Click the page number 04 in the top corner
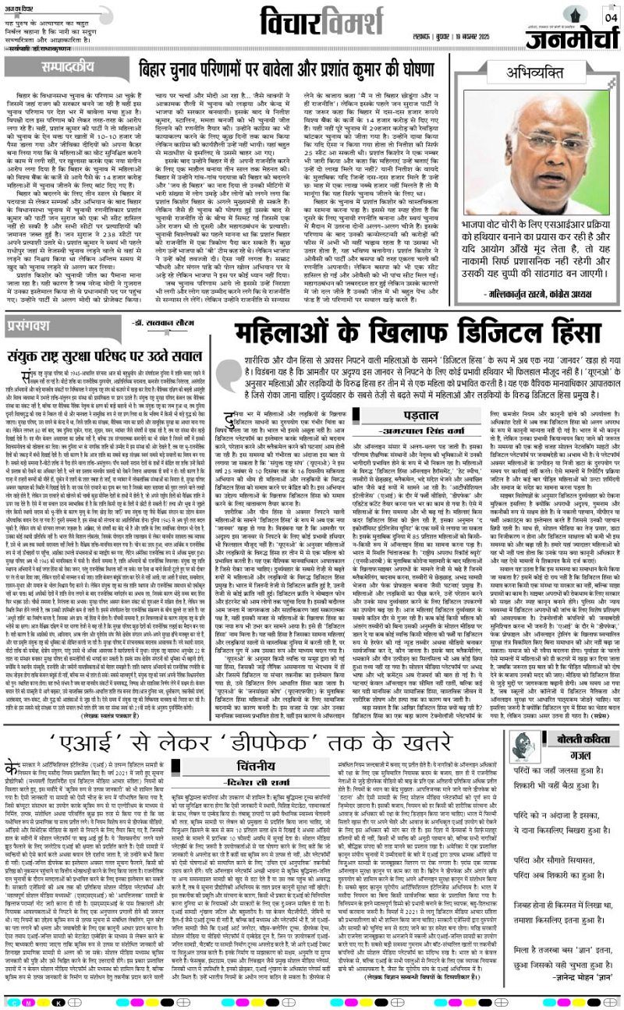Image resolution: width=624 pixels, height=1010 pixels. point(610,17)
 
